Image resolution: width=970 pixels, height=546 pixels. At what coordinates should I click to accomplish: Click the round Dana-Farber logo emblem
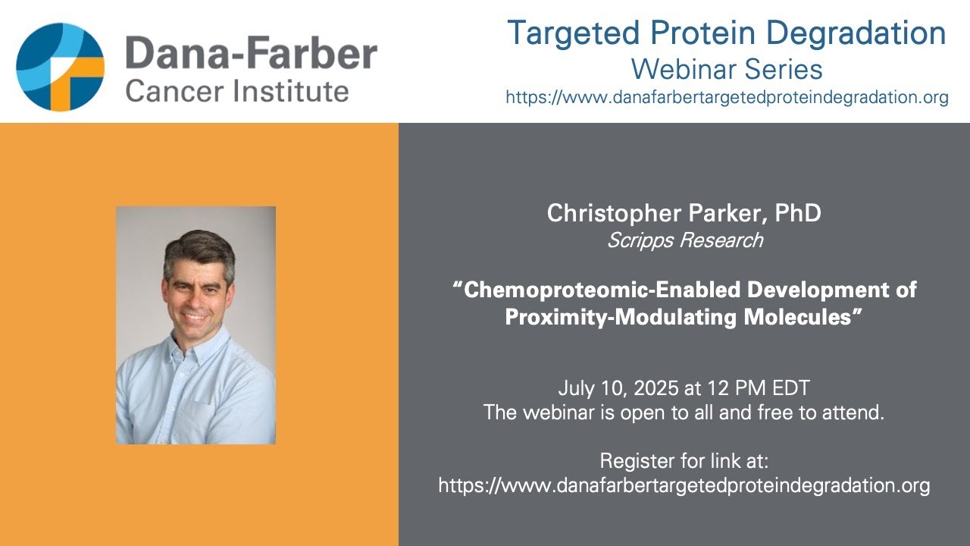(x=61, y=67)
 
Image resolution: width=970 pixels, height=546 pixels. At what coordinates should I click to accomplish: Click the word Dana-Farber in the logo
(x=251, y=54)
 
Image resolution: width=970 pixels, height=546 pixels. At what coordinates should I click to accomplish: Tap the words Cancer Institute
(x=237, y=92)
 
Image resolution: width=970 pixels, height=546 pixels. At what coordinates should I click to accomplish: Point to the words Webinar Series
(x=727, y=70)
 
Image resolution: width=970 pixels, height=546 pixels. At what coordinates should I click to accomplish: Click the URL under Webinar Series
(x=727, y=98)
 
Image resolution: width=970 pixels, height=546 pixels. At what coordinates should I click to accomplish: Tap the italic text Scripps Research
(x=684, y=241)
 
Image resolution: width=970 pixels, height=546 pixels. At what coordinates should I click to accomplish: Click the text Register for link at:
(x=684, y=460)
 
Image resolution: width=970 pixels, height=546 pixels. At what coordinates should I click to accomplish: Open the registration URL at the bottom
(x=684, y=485)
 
